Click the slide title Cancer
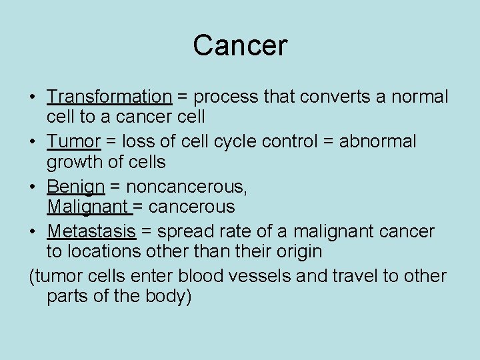pyautogui.click(x=240, y=45)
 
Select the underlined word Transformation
pyautogui.click(x=109, y=97)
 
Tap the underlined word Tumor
pyautogui.click(x=73, y=141)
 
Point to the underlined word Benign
pyautogui.click(x=76, y=187)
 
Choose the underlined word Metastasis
pyautogui.click(x=91, y=231)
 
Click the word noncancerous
pyautogui.click(x=186, y=187)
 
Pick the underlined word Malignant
pyautogui.click(x=89, y=207)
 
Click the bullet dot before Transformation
pyautogui.click(x=33, y=97)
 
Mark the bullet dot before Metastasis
pyautogui.click(x=33, y=232)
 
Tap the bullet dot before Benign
pyautogui.click(x=33, y=187)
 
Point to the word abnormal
pyautogui.click(x=377, y=141)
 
